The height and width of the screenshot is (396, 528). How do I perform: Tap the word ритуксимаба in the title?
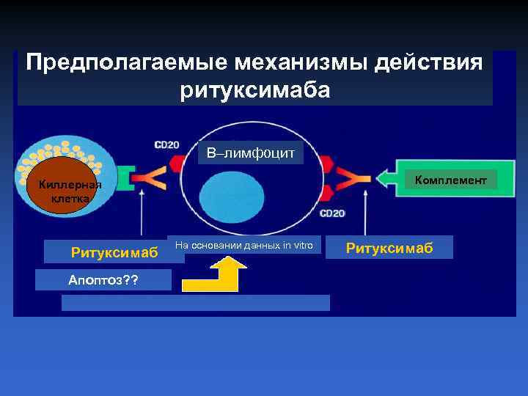tap(254, 89)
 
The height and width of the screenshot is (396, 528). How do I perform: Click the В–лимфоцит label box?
tap(250, 153)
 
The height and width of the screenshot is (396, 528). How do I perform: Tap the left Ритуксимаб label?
tap(114, 252)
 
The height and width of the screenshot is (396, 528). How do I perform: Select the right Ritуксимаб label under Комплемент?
tap(389, 248)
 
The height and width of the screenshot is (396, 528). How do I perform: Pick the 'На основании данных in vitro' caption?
tap(243, 246)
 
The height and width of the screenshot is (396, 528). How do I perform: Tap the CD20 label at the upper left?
tap(166, 144)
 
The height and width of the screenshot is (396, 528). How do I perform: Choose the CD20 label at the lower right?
tap(331, 213)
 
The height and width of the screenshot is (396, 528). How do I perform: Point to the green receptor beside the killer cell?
tap(126, 179)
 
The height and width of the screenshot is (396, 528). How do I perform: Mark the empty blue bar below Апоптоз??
tap(195, 303)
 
